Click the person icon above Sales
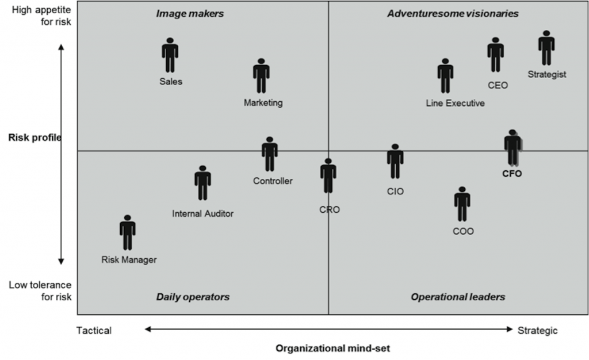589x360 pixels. tap(170, 55)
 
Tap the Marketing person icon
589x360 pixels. tap(261, 75)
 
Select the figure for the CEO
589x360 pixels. tap(495, 55)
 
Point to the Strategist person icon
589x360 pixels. tap(546, 48)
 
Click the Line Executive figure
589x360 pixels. tap(445, 75)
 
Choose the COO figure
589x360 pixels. tap(462, 204)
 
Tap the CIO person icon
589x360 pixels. tap(395, 161)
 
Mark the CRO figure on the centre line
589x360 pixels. tap(328, 176)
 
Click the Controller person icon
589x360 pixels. tap(269, 154)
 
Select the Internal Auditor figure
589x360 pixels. tap(202, 183)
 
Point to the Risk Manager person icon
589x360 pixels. tap(128, 232)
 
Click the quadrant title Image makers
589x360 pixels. tap(190, 13)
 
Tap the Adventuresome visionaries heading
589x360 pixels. tap(453, 13)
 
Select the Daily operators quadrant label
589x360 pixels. tap(193, 297)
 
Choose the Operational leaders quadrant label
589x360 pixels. tap(458, 297)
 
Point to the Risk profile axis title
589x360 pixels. tap(35, 137)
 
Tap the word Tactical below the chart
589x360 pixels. tap(94, 330)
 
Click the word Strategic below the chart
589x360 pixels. tap(538, 330)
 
